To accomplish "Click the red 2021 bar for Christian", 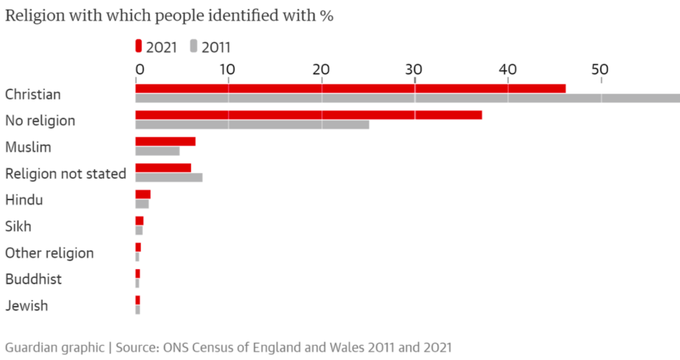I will pyautogui.click(x=350, y=88).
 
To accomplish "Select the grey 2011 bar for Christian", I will pyautogui.click(x=407, y=98).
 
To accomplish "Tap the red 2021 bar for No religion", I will pyautogui.click(x=308, y=115).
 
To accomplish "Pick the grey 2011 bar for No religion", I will pyautogui.click(x=252, y=125).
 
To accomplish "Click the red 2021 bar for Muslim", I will pyautogui.click(x=165, y=141).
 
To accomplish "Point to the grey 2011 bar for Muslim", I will pyautogui.click(x=157, y=151).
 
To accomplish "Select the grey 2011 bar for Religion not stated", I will pyautogui.click(x=168, y=177).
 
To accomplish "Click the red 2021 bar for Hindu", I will pyautogui.click(x=143, y=194).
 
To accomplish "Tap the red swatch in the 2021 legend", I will pyautogui.click(x=138, y=46).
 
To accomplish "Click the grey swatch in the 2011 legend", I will pyautogui.click(x=194, y=46).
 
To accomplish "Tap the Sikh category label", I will pyautogui.click(x=18, y=226).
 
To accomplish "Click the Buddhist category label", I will pyautogui.click(x=34, y=279).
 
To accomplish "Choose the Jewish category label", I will pyautogui.click(x=26, y=306).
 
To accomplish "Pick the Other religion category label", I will pyautogui.click(x=49, y=253).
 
